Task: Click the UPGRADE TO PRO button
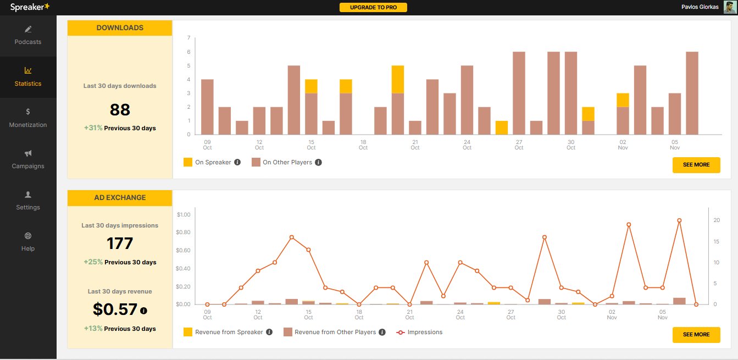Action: [x=373, y=7]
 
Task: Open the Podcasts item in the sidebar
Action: [x=28, y=36]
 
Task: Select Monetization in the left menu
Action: [x=28, y=118]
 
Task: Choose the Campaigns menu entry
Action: [x=28, y=159]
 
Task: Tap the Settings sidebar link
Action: [x=28, y=201]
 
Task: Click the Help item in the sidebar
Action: [x=28, y=242]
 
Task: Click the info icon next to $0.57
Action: [x=144, y=311]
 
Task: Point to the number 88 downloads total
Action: [x=120, y=110]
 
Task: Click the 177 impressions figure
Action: [x=120, y=243]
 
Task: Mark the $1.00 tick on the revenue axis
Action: [x=183, y=214]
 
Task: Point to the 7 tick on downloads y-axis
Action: [x=188, y=38]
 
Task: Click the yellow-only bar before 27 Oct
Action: [x=501, y=128]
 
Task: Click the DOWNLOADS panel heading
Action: [x=120, y=28]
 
